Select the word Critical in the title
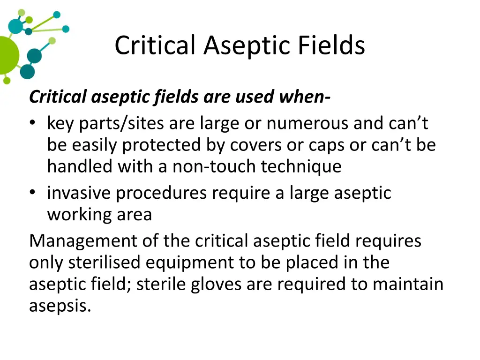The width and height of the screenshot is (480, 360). coord(155,46)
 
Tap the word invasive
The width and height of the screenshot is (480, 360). coord(79,193)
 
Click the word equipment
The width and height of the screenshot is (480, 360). coord(189,262)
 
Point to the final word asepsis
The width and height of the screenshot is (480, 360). coord(60,306)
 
